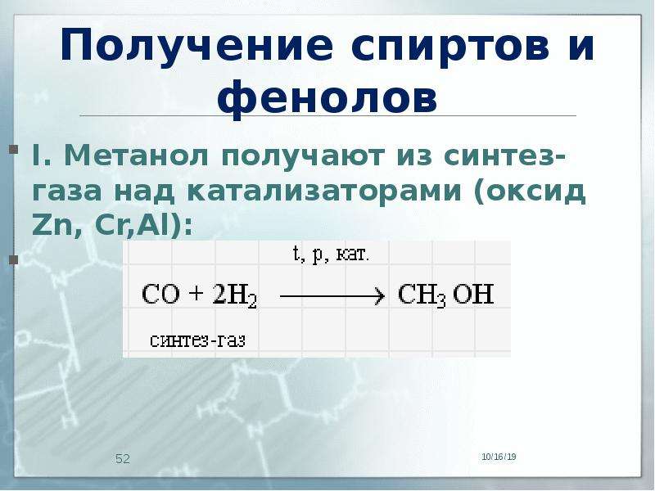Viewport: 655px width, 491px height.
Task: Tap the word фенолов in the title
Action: (327, 99)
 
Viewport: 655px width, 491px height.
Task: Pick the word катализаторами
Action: (324, 192)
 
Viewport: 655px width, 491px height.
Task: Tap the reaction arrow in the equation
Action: (332, 296)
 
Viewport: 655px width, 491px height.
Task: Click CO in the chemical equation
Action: (160, 294)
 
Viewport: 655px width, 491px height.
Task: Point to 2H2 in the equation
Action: (234, 295)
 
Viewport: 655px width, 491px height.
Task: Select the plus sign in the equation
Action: (195, 294)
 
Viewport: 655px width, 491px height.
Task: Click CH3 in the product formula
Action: (422, 295)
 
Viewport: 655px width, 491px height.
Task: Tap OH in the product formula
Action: (473, 294)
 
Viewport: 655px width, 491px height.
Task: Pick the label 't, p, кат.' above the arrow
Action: (331, 255)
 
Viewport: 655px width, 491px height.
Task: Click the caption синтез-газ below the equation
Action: (197, 340)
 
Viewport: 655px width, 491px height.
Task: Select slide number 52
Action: (123, 459)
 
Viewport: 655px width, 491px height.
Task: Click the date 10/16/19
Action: (499, 457)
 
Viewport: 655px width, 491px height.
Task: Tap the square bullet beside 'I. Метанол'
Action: (13, 150)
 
